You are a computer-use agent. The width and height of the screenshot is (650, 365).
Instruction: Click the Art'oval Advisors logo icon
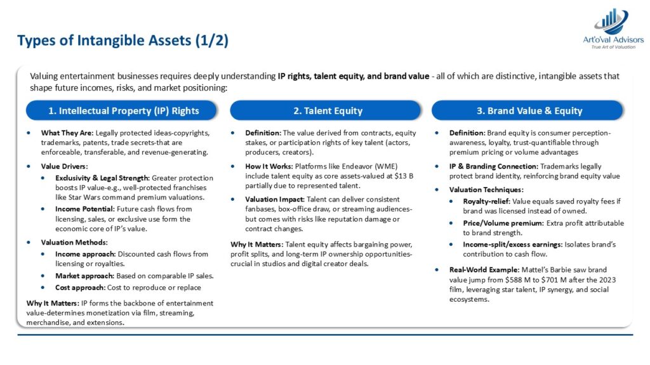[611, 22]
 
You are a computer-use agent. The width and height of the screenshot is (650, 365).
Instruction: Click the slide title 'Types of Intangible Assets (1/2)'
[123, 41]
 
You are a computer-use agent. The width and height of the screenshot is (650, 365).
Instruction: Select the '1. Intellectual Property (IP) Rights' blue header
[121, 110]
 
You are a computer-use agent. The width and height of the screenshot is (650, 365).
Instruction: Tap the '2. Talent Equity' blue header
[326, 110]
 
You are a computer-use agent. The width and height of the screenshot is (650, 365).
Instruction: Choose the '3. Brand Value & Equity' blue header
[527, 110]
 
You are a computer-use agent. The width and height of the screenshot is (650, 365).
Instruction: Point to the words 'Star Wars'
[83, 198]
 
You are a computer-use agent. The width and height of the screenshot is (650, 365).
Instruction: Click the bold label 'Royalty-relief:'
[487, 202]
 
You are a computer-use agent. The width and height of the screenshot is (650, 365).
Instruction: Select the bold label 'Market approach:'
[84, 276]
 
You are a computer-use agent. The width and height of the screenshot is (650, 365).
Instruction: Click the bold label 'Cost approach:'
[81, 288]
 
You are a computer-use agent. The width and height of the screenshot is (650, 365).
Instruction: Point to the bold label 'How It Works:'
[269, 167]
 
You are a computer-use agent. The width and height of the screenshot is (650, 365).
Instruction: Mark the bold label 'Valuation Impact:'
[275, 200]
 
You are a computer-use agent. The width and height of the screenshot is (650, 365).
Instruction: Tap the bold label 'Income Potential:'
[85, 209]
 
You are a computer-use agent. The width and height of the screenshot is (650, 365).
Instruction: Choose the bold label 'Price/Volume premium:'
[503, 223]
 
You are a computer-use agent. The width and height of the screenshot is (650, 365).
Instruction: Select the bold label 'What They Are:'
[67, 133]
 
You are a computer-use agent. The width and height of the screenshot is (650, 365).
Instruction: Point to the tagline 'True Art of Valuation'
[613, 47]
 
